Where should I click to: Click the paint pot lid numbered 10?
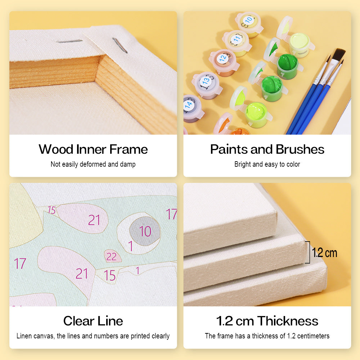coord(248,20)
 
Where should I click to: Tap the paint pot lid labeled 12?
coord(223,58)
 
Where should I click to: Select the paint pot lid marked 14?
coord(189,105)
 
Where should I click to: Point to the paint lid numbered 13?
coord(206,81)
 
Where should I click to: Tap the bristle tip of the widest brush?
coord(338,54)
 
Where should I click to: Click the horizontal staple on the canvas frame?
coord(69,41)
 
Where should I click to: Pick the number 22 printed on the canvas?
coord(111,256)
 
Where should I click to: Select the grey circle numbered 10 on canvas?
coord(145,231)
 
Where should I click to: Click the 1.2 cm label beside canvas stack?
coord(324,253)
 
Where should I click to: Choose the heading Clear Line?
coord(93,321)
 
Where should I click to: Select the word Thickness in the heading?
coord(288,321)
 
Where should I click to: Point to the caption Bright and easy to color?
coord(267,165)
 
